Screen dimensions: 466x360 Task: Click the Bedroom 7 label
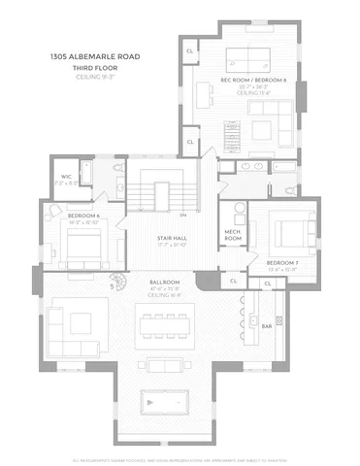[x=281, y=263]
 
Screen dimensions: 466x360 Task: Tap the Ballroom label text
[x=162, y=283]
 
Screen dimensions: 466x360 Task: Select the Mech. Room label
[x=233, y=235]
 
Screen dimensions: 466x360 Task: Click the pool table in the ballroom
[x=162, y=401]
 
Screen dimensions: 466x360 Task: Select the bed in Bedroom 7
[x=290, y=233]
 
